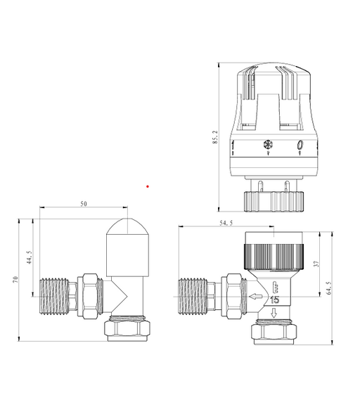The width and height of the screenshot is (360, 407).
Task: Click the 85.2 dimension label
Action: pos(215,137)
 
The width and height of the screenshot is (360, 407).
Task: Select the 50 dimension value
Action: pos(83,204)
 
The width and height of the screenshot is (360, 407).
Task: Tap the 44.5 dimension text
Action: pos(30,257)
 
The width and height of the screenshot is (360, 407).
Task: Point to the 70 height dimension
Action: pos(15,280)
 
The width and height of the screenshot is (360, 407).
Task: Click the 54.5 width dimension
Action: pos(226,223)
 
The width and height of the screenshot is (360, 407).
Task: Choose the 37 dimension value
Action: pos(316,264)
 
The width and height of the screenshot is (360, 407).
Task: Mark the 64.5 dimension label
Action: pos(329,288)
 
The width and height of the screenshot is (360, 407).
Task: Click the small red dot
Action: pos(148,186)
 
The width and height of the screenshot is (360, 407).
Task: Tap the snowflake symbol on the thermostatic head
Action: pos(268,144)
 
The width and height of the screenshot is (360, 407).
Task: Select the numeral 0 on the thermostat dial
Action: pos(300,145)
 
